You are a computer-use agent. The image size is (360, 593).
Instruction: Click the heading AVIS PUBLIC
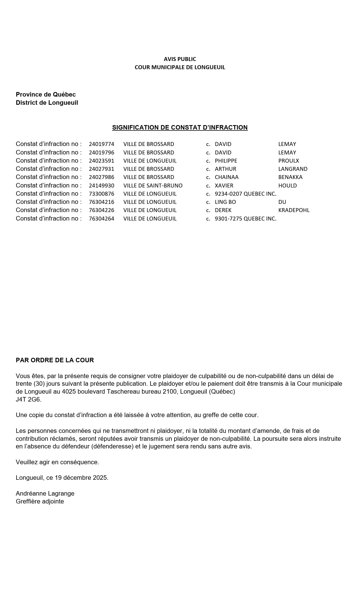point(180,59)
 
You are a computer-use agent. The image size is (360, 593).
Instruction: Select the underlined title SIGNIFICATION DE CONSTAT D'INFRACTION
point(180,128)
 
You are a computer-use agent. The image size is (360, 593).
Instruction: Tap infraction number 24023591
point(101,161)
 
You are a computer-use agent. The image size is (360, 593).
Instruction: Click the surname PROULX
point(289,161)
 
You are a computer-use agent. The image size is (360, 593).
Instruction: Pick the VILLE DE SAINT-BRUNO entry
point(153,186)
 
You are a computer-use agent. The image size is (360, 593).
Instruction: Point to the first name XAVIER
point(224,186)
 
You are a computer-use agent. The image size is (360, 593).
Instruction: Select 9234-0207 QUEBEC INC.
point(245,194)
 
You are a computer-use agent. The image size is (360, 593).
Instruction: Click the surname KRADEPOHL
point(294,210)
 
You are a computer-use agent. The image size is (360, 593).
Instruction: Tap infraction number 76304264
point(101,219)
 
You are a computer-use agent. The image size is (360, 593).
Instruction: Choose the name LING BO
point(225,202)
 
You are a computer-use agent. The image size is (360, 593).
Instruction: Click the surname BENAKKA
point(290,177)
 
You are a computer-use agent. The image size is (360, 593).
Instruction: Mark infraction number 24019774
point(101,144)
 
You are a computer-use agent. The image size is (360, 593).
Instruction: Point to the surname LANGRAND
point(293,169)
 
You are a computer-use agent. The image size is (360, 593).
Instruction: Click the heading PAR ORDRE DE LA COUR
point(55,360)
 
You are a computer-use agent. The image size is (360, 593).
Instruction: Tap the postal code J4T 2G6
point(29,400)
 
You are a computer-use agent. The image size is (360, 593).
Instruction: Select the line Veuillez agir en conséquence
point(57,462)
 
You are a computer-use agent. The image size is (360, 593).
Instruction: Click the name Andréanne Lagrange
point(45,494)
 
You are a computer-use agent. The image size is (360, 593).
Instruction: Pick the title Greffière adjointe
point(40,502)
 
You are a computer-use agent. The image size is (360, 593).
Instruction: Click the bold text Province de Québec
point(46,95)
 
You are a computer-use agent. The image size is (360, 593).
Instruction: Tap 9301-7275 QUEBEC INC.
point(245,219)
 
